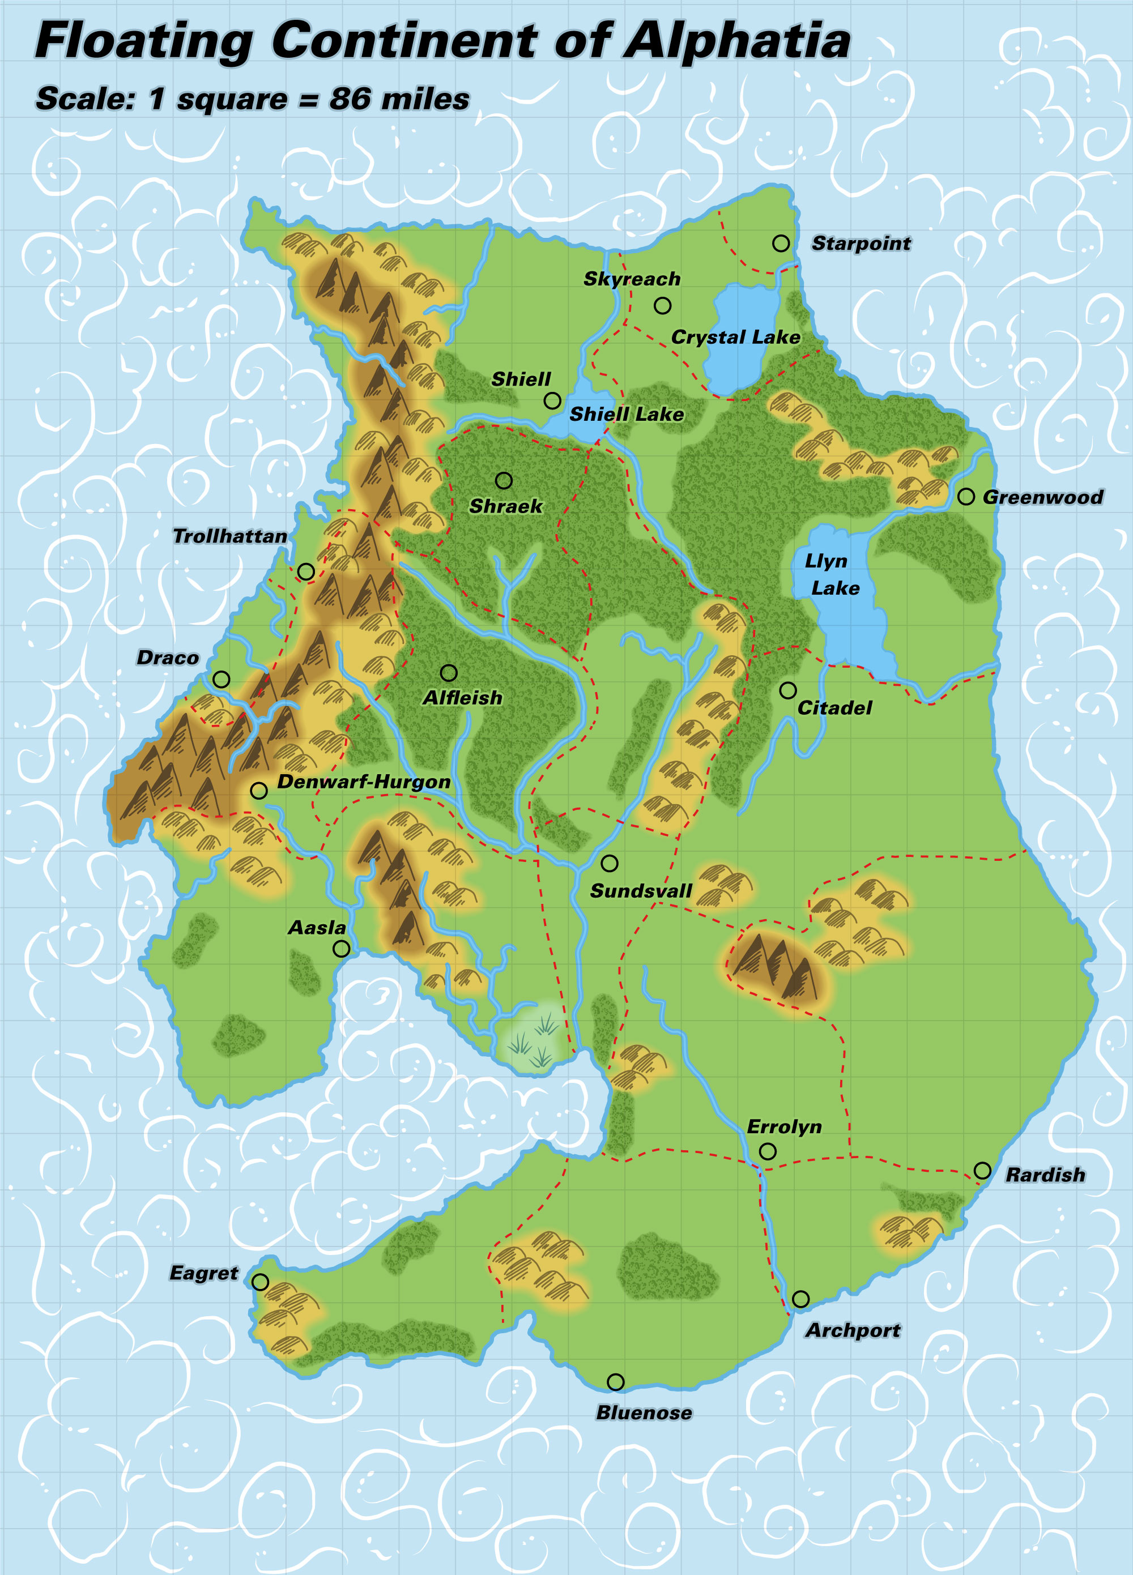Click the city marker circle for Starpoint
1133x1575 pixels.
(x=780, y=243)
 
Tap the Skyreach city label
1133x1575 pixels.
(x=632, y=279)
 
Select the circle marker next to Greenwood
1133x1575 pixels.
(x=965, y=497)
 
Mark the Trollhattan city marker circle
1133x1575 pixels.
(x=306, y=571)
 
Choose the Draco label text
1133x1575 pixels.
(x=168, y=658)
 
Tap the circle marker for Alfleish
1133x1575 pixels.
(x=449, y=672)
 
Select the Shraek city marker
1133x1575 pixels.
(x=504, y=480)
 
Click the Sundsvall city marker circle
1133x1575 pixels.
(x=609, y=863)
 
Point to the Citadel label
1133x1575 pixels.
(x=834, y=707)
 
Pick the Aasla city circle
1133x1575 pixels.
(x=341, y=949)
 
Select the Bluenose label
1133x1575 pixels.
(x=644, y=1412)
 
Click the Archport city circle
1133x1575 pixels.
(x=800, y=1299)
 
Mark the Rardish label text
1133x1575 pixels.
(x=1045, y=1175)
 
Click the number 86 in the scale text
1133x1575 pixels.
(x=350, y=99)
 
